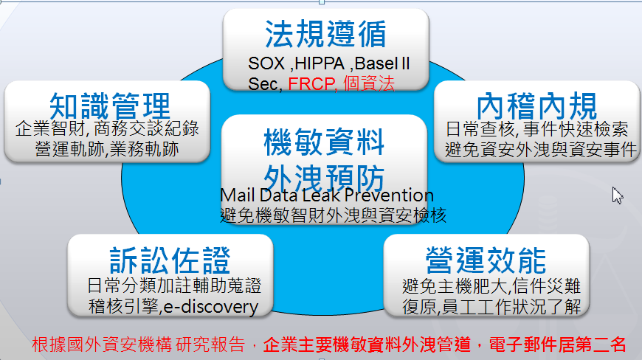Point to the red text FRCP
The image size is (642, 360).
click(x=311, y=84)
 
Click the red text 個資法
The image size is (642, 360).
click(x=369, y=83)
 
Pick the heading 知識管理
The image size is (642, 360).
click(x=109, y=105)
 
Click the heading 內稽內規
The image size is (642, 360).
click(x=536, y=105)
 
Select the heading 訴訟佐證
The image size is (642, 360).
click(x=170, y=260)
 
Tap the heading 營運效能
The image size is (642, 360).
click(x=486, y=260)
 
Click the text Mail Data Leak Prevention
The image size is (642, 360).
click(x=327, y=195)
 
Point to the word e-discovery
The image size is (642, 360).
click(x=211, y=307)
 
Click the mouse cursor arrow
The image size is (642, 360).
click(x=617, y=195)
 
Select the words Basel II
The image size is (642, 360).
click(x=382, y=63)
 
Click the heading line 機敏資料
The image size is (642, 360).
click(x=324, y=142)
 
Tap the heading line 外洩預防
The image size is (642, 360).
click(x=324, y=179)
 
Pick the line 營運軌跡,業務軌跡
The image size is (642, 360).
click(x=107, y=149)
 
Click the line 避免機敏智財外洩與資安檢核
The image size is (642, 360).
click(x=334, y=215)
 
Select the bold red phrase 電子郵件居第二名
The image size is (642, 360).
click(x=558, y=345)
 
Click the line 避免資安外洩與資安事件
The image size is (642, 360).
click(x=541, y=150)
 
